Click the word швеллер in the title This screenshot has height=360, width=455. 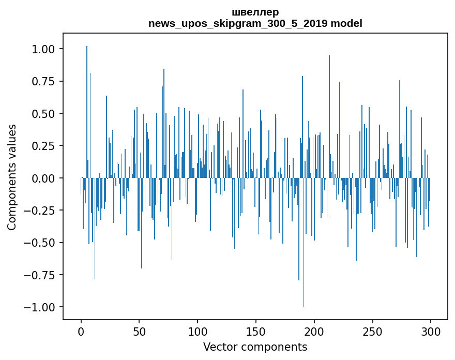pos(255,12)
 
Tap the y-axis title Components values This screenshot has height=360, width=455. pos(12,177)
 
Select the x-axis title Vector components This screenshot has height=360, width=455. pos(255,347)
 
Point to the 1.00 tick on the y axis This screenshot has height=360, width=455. pos(45,49)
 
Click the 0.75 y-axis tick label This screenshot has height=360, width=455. pos(45,81)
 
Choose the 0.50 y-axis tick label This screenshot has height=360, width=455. pos(45,114)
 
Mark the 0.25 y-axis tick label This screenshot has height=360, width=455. pos(45,146)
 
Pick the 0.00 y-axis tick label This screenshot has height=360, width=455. pos(45,178)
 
